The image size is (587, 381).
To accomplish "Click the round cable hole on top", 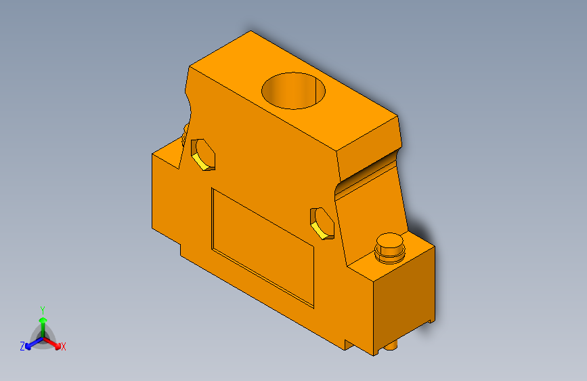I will (x=294, y=90).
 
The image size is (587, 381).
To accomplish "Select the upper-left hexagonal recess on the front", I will (x=203, y=154).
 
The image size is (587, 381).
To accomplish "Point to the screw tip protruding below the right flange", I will (x=392, y=348).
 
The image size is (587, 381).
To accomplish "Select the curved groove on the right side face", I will (x=369, y=172).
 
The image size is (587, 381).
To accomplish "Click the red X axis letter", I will (x=64, y=347).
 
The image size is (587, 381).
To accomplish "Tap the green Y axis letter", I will (x=43, y=309).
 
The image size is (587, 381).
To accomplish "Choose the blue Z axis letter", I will (x=22, y=346).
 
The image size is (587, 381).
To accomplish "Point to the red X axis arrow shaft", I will (x=52, y=342).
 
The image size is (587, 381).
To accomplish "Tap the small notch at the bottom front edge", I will (x=347, y=344).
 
